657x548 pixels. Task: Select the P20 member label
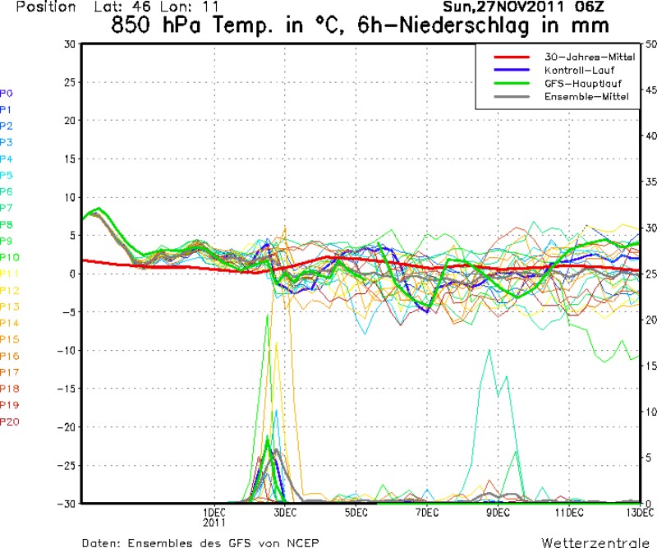pyautogui.click(x=9, y=421)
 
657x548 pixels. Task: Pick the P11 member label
pyautogui.click(x=9, y=274)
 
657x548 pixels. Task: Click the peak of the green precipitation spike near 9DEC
pyautogui.click(x=489, y=350)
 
